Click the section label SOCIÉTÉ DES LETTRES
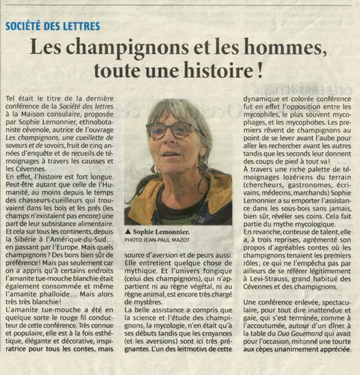click(53, 26)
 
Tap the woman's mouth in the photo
click(170, 153)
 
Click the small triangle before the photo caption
click(128, 231)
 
